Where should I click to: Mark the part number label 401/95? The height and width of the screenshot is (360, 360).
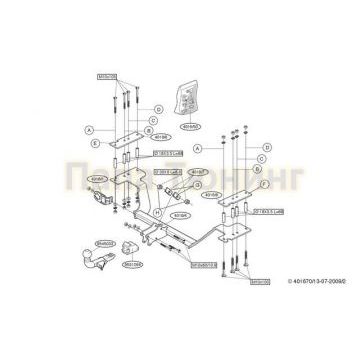coord(97,179)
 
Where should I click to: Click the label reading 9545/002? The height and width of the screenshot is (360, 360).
coord(106,241)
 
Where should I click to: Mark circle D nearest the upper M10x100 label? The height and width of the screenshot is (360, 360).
coord(157,108)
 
